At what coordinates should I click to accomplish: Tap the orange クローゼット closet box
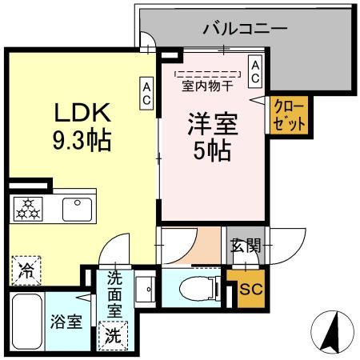point(282,114)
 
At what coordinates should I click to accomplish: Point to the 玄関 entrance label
point(246,246)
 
